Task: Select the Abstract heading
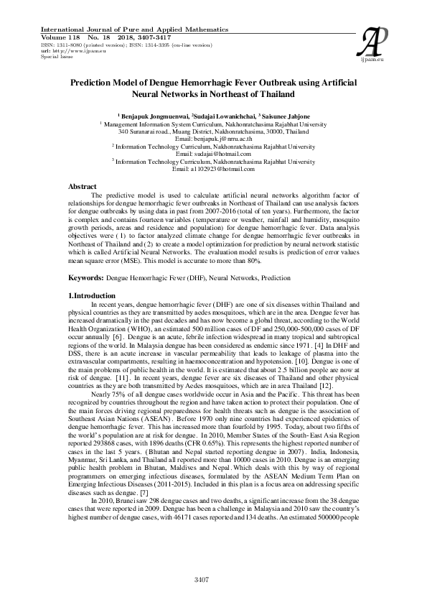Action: pos(82,187)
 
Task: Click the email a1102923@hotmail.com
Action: pos(214,169)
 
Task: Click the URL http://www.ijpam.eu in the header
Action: pos(58,51)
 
